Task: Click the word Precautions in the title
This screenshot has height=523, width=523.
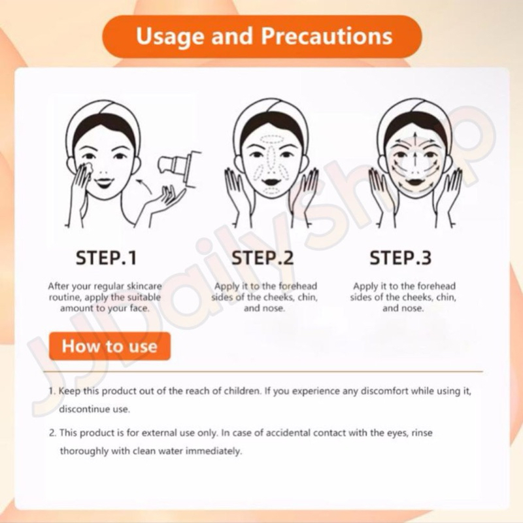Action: [x=326, y=36]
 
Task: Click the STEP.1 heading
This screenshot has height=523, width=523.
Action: [x=107, y=258]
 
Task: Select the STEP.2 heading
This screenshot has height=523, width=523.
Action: [x=263, y=258]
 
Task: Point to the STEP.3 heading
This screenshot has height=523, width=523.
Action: [x=401, y=258]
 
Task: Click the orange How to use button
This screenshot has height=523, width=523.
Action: [x=110, y=346]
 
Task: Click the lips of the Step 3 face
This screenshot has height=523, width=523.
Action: [x=414, y=182]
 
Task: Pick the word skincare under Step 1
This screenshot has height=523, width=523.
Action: [x=144, y=286]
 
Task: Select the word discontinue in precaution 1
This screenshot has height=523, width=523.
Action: [x=84, y=409]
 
